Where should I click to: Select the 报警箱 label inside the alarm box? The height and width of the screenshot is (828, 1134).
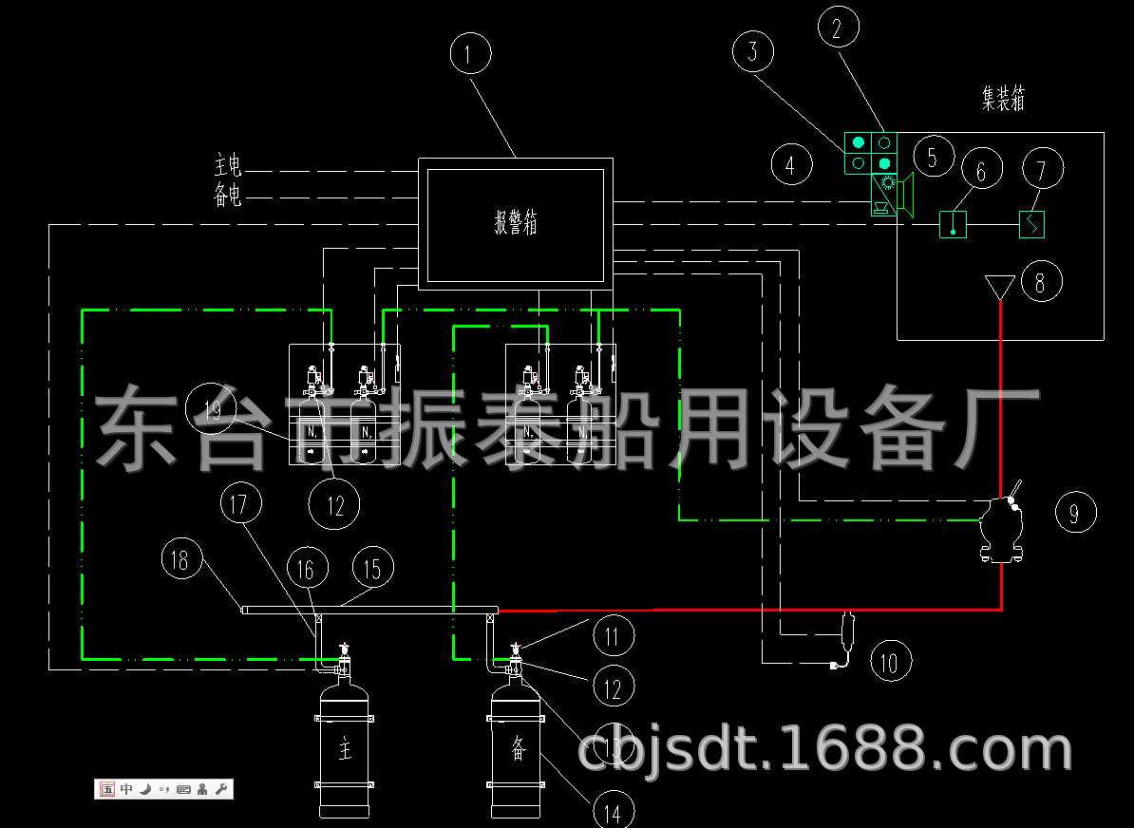pyautogui.click(x=516, y=223)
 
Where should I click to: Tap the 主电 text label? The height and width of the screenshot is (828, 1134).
pyautogui.click(x=228, y=167)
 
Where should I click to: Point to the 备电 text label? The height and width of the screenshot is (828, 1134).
pyautogui.click(x=228, y=196)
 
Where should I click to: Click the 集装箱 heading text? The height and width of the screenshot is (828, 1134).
pyautogui.click(x=1003, y=99)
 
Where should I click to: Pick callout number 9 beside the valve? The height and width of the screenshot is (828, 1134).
pyautogui.click(x=1074, y=513)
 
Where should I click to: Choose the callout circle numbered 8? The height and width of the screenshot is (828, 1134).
pyautogui.click(x=1040, y=282)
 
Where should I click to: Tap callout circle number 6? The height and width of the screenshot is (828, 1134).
pyautogui.click(x=982, y=170)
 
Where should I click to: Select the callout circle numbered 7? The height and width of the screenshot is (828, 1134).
pyautogui.click(x=1041, y=170)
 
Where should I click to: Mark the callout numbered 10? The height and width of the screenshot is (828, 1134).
pyautogui.click(x=889, y=661)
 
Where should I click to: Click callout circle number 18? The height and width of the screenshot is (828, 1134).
pyautogui.click(x=180, y=559)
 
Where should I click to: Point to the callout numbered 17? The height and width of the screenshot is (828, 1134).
pyautogui.click(x=239, y=503)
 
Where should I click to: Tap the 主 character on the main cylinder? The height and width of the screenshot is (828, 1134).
pyautogui.click(x=344, y=750)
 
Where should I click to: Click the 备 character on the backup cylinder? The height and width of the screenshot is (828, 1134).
pyautogui.click(x=518, y=747)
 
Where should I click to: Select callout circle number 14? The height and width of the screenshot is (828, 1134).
pyautogui.click(x=613, y=813)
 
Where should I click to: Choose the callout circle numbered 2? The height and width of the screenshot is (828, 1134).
pyautogui.click(x=837, y=28)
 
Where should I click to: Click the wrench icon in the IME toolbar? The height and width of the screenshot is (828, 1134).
pyautogui.click(x=221, y=789)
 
